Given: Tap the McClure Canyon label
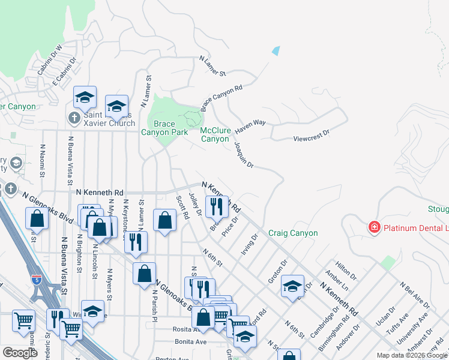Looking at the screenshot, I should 215,134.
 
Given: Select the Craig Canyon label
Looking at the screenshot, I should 293,233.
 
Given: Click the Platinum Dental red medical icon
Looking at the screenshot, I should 374,227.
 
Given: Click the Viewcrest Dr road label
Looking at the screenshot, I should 312,135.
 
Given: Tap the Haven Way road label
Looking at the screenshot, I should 250,126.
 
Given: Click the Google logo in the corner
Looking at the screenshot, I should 20,353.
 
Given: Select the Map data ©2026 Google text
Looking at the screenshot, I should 412,355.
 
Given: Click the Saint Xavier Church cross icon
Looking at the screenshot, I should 74,117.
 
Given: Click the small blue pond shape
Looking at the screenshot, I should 276,51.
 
